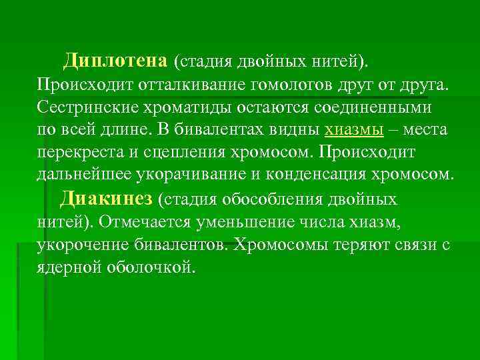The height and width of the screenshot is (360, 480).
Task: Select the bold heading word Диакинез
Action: (x=107, y=199)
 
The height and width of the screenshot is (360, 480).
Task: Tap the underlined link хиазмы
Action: (x=354, y=130)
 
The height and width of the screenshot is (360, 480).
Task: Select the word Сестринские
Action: (x=84, y=107)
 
